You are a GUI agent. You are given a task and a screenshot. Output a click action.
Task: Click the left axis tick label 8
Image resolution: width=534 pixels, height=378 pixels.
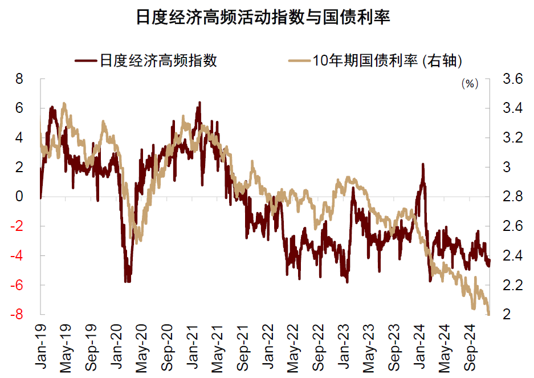[19, 79]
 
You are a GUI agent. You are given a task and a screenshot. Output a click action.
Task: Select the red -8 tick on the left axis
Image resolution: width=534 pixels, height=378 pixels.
[17, 314]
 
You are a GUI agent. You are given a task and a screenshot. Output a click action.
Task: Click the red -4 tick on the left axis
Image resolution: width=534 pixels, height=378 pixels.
[17, 255]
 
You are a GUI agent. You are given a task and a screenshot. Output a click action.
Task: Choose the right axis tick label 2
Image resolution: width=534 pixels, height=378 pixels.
[507, 314]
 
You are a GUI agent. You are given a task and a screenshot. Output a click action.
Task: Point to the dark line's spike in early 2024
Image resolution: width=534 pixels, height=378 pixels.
[423, 165]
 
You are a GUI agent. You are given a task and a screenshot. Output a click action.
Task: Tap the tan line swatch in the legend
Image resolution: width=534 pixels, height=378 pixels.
[299, 60]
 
